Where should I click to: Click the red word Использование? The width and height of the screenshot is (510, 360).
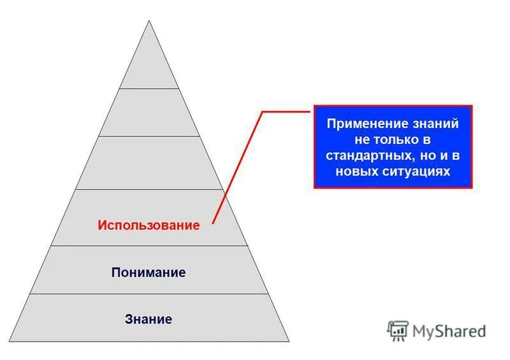pyautogui.click(x=149, y=225)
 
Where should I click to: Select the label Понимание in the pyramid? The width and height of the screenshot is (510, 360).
pyautogui.click(x=149, y=273)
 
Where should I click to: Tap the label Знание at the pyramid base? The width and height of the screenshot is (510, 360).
pyautogui.click(x=149, y=319)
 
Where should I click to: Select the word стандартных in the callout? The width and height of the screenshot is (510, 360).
pyautogui.click(x=363, y=155)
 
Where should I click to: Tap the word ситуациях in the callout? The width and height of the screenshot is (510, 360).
pyautogui.click(x=419, y=171)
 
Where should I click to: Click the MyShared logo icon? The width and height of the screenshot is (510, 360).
pyautogui.click(x=398, y=331)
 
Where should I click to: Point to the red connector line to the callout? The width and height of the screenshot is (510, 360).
pyautogui.click(x=237, y=166)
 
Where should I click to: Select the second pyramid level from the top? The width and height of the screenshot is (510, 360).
pyautogui.click(x=149, y=113)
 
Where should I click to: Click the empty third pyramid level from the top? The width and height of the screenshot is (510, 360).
pyautogui.click(x=149, y=162)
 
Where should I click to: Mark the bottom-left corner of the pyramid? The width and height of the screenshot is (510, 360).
pyautogui.click(x=10, y=342)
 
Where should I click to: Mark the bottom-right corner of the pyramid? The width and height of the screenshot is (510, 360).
pyautogui.click(x=289, y=342)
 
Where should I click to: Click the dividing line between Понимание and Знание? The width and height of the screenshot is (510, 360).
pyautogui.click(x=149, y=294)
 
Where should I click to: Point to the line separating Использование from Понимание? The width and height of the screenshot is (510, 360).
pyautogui.click(x=149, y=246)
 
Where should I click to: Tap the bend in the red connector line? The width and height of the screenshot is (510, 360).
pyautogui.click(x=263, y=112)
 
